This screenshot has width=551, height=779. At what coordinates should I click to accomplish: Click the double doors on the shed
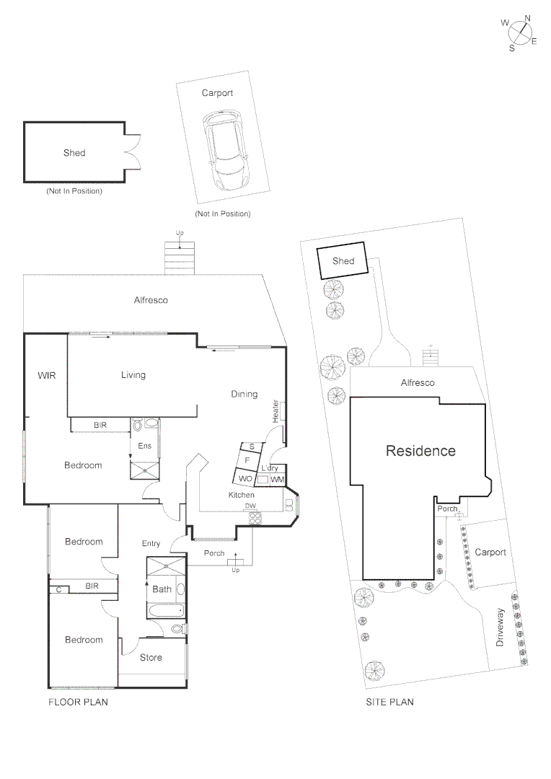click(131, 152)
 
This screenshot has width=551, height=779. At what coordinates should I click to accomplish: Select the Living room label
click(133, 374)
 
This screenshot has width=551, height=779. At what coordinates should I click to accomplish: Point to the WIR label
click(46, 375)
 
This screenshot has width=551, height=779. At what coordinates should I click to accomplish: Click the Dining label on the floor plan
click(244, 394)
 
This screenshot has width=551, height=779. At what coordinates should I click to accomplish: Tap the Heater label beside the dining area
click(275, 411)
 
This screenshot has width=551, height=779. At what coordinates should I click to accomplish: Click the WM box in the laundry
click(278, 480)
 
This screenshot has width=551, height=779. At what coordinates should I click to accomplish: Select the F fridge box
click(247, 459)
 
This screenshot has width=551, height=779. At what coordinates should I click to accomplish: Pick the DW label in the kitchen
click(250, 506)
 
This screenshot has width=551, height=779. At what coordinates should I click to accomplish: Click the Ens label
click(145, 446)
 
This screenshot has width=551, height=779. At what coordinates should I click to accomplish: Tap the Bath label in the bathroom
click(162, 589)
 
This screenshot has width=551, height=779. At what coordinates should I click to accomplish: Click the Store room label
click(151, 657)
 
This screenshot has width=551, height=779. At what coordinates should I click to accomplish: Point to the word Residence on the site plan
click(420, 451)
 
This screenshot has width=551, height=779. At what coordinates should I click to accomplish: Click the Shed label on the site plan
click(343, 260)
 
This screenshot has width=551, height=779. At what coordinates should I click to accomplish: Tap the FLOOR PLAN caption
click(78, 702)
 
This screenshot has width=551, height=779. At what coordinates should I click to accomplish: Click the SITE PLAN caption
click(389, 702)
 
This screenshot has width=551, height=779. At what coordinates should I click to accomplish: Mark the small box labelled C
click(58, 589)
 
